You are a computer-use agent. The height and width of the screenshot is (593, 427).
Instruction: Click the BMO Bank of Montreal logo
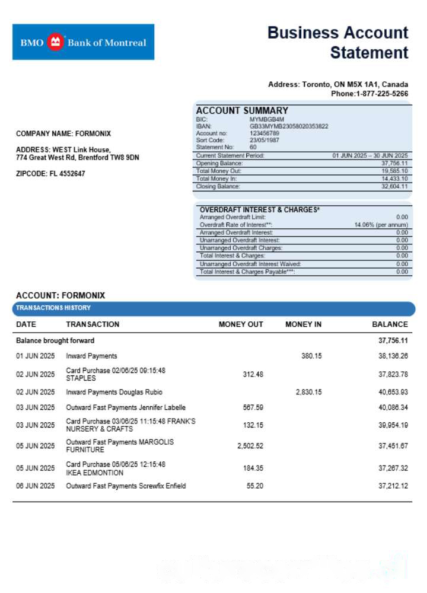(83, 42)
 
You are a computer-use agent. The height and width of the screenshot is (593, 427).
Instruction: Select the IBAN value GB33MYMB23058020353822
(289, 126)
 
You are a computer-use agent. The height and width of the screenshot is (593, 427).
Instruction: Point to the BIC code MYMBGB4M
(267, 120)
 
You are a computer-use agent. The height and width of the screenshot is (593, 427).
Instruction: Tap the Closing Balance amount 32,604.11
(394, 186)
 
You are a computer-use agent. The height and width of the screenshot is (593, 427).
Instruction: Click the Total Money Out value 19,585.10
(394, 171)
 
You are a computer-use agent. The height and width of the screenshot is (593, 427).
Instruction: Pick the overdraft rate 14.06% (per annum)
(381, 225)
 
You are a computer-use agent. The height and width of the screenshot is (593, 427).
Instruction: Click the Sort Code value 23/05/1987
(265, 140)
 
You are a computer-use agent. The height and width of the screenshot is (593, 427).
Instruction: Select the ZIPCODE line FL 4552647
(50, 174)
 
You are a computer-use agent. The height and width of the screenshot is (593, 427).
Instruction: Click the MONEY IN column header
(303, 324)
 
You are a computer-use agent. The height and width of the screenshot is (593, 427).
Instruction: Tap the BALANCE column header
(390, 324)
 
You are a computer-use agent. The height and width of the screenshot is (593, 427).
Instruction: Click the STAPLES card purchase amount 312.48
(253, 374)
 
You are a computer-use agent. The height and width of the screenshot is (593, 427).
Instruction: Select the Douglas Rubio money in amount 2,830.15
(308, 392)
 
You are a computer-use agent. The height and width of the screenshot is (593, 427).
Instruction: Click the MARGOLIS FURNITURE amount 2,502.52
(250, 446)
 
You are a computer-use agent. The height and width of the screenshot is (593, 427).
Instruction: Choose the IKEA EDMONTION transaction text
(95, 473)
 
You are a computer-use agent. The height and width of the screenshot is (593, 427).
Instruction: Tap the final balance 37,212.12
(393, 486)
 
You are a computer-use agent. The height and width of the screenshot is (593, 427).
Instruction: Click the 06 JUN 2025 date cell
(35, 486)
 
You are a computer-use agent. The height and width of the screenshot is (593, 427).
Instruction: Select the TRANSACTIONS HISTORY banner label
(53, 308)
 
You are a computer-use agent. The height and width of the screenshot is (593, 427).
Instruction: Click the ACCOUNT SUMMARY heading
(242, 110)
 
